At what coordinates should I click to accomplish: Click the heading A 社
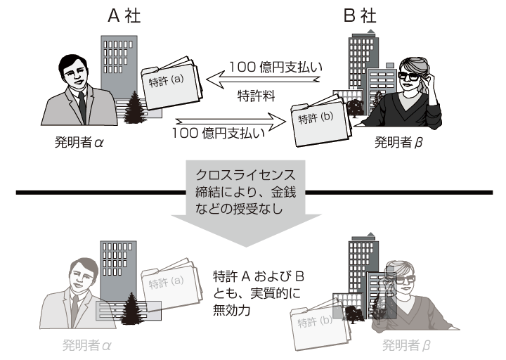point(124,15)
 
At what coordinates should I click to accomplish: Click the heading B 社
point(360,15)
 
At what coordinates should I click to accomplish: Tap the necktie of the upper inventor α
point(82,107)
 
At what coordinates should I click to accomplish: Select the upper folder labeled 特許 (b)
point(320,120)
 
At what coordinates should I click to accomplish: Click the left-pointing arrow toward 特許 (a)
point(263,79)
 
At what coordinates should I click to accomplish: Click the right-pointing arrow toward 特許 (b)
point(231,122)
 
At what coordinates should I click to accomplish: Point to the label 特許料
point(257,96)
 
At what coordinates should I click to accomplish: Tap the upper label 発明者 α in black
point(79,143)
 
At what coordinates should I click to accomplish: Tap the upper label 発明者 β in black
point(398,143)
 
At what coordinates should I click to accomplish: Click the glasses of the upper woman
point(409,77)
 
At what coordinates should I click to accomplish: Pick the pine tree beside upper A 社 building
point(135,108)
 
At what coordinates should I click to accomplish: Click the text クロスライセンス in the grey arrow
point(245,175)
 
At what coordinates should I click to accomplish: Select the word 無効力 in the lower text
point(232,310)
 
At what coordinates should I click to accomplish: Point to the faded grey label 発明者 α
point(87,345)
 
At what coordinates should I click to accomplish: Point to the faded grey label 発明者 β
point(406,345)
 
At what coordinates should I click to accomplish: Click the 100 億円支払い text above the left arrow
point(275,67)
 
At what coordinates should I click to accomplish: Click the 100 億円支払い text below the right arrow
point(218,133)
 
